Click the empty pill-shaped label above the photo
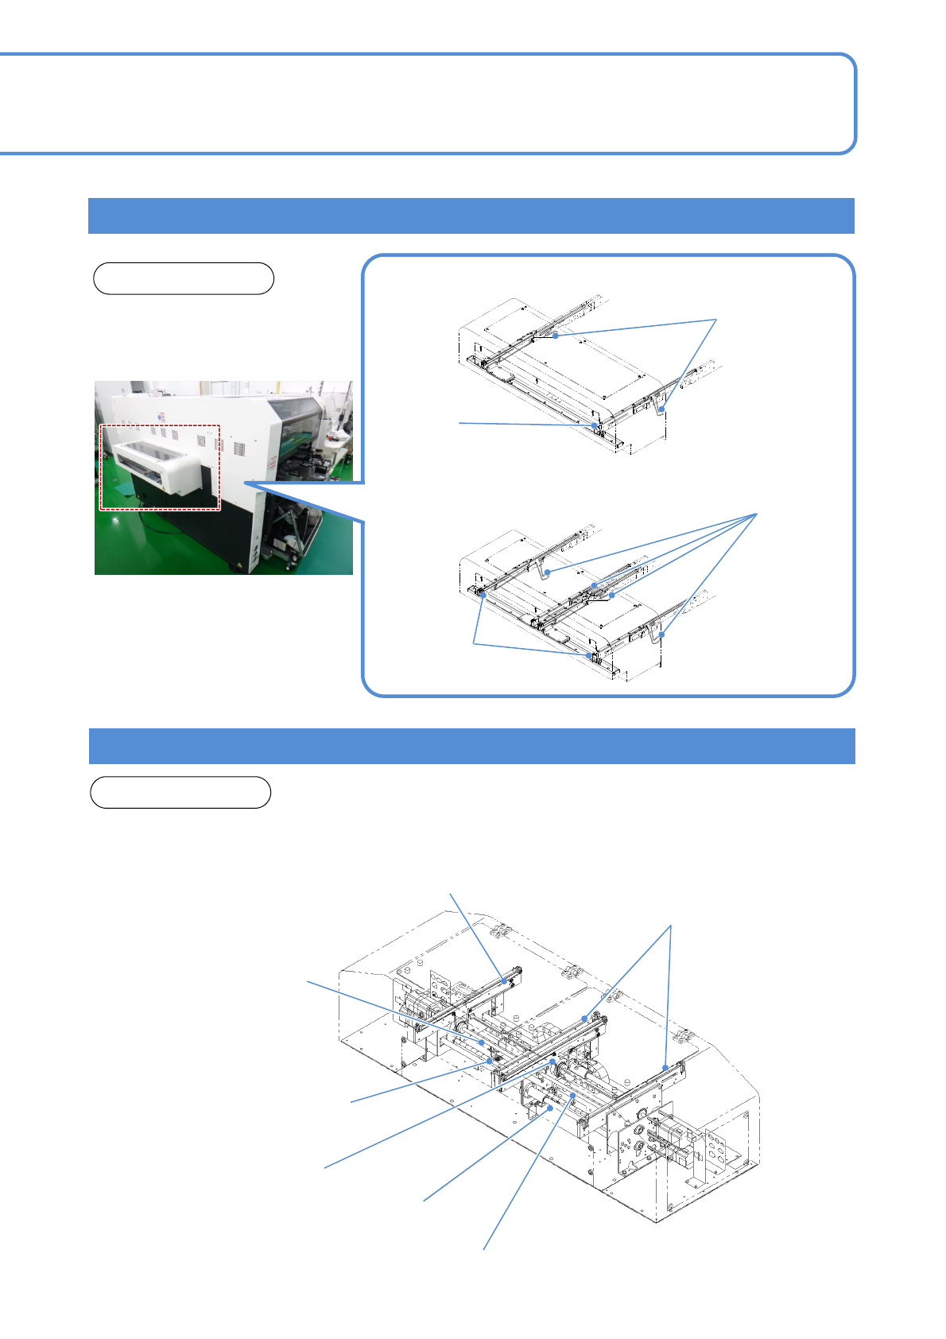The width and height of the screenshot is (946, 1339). pyautogui.click(x=184, y=278)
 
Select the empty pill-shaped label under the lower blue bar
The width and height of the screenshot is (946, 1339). pyautogui.click(x=180, y=792)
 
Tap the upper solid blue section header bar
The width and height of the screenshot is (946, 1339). pyautogui.click(x=471, y=215)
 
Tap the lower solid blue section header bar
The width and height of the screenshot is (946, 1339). pyautogui.click(x=471, y=746)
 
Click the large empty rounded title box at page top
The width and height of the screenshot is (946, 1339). pyautogui.click(x=429, y=103)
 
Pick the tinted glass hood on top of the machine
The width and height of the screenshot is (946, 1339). pyautogui.click(x=296, y=411)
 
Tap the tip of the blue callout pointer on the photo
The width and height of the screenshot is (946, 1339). pyautogui.click(x=246, y=482)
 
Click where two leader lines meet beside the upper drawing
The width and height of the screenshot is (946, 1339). pyautogui.click(x=716, y=320)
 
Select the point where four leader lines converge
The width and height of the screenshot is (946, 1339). pyautogui.click(x=755, y=514)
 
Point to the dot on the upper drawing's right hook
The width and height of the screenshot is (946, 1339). pyautogui.click(x=661, y=409)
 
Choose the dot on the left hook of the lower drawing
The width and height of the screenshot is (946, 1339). pyautogui.click(x=547, y=572)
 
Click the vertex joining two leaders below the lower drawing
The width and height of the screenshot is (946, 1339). pyautogui.click(x=474, y=642)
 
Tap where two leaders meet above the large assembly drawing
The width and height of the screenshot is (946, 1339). pyautogui.click(x=672, y=926)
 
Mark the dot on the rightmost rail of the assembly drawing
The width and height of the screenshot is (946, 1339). pyautogui.click(x=665, y=1068)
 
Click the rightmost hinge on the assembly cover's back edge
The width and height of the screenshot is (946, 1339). pyautogui.click(x=681, y=1035)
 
